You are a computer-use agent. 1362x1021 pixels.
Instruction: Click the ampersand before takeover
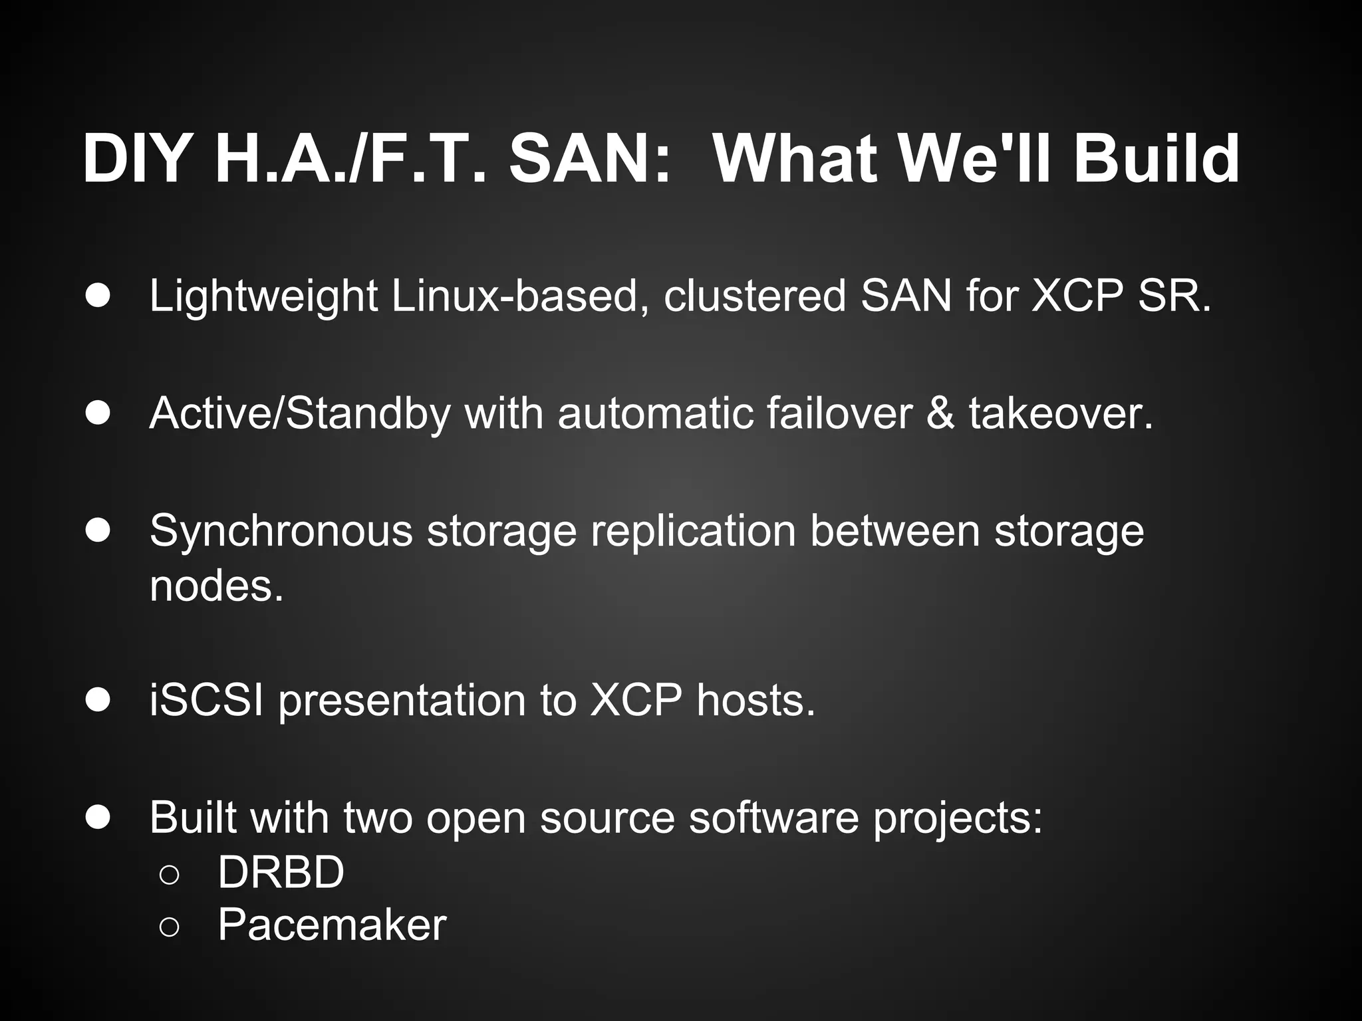[940, 413]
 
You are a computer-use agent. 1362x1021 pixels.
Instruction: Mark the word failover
[839, 413]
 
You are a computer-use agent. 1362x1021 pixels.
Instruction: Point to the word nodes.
[217, 586]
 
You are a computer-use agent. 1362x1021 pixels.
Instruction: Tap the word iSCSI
[207, 701]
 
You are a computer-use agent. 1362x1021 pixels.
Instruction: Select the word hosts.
[755, 701]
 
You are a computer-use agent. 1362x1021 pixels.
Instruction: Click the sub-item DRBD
[281, 872]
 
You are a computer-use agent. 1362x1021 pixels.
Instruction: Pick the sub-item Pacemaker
[332, 925]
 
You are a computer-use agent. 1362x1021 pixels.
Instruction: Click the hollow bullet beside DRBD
[170, 875]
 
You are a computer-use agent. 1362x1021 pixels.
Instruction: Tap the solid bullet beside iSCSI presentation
[98, 701]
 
